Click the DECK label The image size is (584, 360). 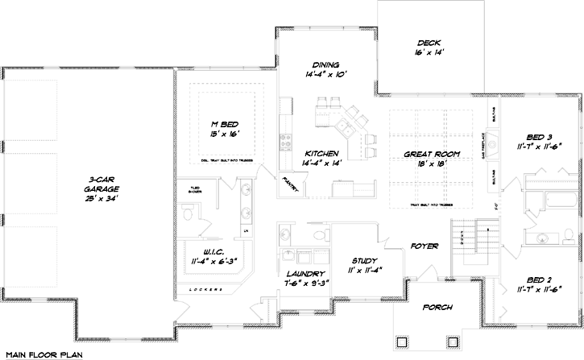coord(427,43)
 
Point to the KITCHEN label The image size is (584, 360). coord(321,153)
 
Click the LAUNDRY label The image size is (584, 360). coord(304,274)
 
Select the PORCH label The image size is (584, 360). coord(436,307)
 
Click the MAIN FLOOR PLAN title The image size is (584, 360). coord(42,354)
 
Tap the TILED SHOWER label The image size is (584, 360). coord(186,191)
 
